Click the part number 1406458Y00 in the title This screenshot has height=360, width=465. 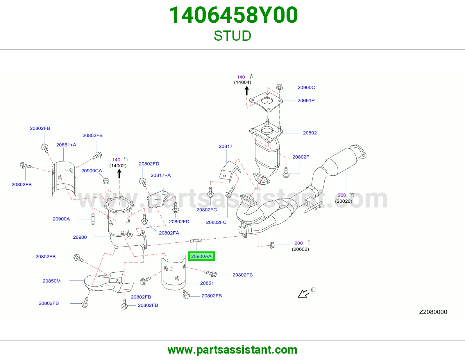click(x=233, y=15)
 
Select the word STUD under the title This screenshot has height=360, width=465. click(x=233, y=36)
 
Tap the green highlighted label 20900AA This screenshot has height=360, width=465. click(x=201, y=256)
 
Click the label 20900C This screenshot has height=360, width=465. click(x=306, y=87)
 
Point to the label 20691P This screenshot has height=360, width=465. click(x=306, y=100)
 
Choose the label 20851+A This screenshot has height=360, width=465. click(x=66, y=145)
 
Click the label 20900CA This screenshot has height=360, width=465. click(x=91, y=171)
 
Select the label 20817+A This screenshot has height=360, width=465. click(x=161, y=175)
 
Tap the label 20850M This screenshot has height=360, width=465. click(x=51, y=281)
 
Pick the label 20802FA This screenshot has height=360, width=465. click(x=169, y=233)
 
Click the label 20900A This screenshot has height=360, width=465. click(x=61, y=219)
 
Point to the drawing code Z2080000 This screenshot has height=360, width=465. click(x=433, y=312)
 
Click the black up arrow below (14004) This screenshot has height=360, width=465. click(x=247, y=91)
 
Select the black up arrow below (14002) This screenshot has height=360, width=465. click(x=119, y=174)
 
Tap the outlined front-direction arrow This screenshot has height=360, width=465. click(x=303, y=294)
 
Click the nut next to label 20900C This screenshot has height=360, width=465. click(x=280, y=87)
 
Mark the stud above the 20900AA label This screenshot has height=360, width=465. click(x=196, y=241)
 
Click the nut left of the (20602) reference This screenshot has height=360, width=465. click(x=272, y=245)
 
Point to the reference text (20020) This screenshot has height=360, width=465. click(x=344, y=201)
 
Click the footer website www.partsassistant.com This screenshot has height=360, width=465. click(x=233, y=350)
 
